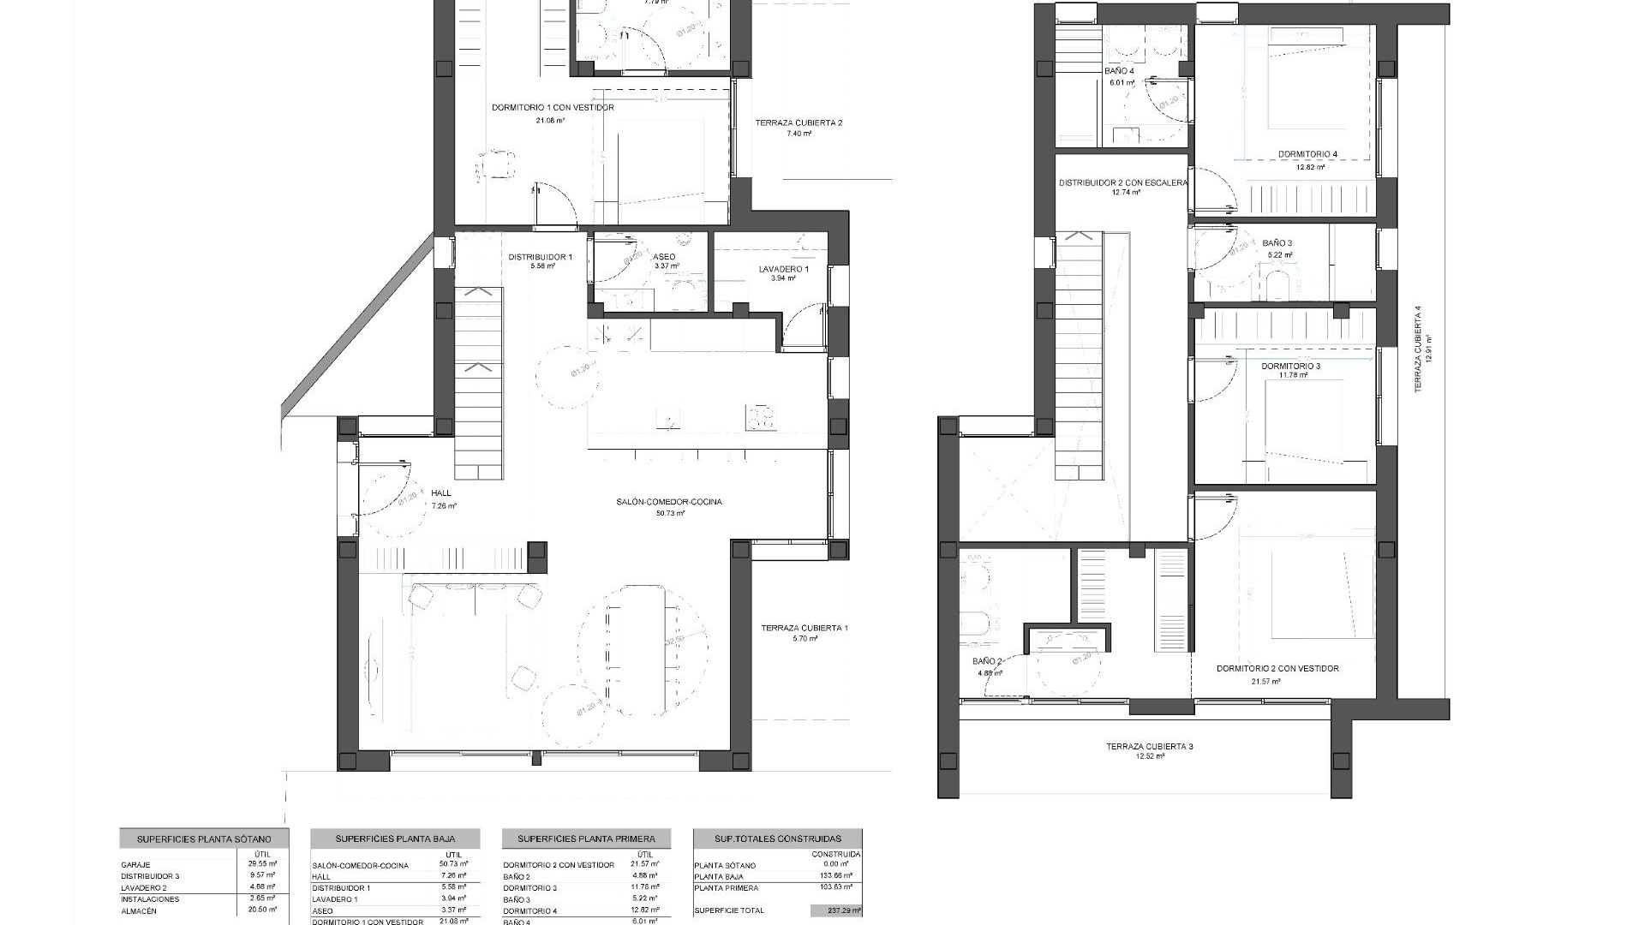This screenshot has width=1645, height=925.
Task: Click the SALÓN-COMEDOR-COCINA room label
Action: tap(668, 502)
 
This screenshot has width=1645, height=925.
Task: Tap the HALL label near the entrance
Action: tap(441, 493)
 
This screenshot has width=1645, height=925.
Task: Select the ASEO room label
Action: tap(664, 257)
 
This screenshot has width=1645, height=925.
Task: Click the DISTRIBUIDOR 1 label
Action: tap(540, 257)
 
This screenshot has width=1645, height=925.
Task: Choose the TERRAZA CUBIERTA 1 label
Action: tap(804, 628)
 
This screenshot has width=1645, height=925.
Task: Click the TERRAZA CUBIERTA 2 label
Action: tap(799, 123)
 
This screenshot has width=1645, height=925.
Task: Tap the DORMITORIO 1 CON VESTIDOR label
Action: tap(553, 108)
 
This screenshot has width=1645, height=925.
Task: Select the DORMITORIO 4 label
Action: tap(1307, 155)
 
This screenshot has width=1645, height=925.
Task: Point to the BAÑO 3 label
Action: tap(1277, 243)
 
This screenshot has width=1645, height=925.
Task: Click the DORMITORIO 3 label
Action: tap(1290, 367)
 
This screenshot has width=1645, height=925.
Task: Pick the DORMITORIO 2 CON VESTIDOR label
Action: tap(1277, 669)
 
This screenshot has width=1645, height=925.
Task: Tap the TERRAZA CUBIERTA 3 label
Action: tap(1149, 747)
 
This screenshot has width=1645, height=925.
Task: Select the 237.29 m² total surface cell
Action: tap(836, 911)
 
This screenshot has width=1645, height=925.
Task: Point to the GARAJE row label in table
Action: tap(135, 865)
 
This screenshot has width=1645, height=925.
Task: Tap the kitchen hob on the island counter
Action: tap(761, 417)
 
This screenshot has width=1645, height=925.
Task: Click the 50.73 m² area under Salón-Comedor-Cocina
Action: tap(670, 514)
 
